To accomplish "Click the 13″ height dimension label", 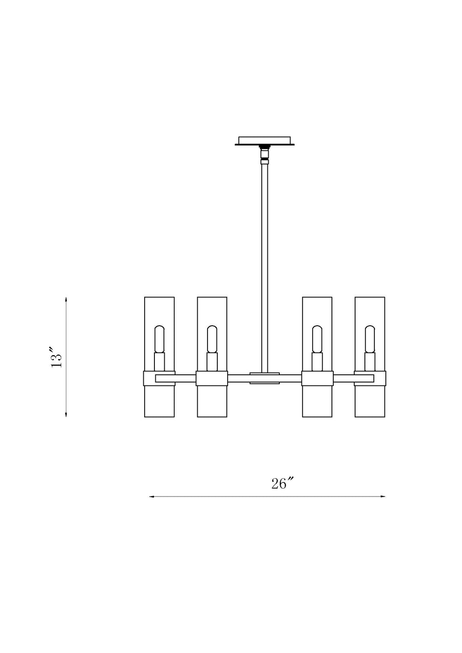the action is tap(56, 357).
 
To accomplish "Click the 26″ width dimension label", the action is tap(281, 484).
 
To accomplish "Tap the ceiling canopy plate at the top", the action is tap(264, 141).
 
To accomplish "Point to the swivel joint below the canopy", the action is tap(264, 155).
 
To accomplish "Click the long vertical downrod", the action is tap(264, 268).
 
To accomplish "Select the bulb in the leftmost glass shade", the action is tap(160, 339).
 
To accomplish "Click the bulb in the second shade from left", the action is tap(212, 339).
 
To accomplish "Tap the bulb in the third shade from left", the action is tap(317, 339).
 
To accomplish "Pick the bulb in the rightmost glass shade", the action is tap(370, 339).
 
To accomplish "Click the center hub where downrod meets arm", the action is tap(264, 378).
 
